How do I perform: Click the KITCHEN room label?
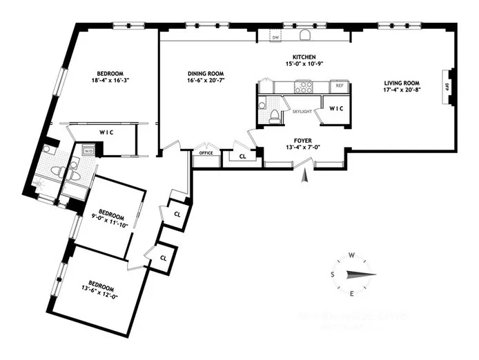click(304, 57)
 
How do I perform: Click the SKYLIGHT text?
click(302, 110)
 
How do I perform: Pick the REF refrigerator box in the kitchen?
click(338, 87)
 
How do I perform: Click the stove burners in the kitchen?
click(304, 87)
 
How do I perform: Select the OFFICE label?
click(205, 153)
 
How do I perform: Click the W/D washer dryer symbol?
click(88, 150)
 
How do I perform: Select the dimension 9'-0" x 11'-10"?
click(110, 219)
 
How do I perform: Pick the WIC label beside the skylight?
click(336, 109)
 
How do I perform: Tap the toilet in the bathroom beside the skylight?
click(275, 115)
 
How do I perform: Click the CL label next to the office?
click(242, 157)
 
